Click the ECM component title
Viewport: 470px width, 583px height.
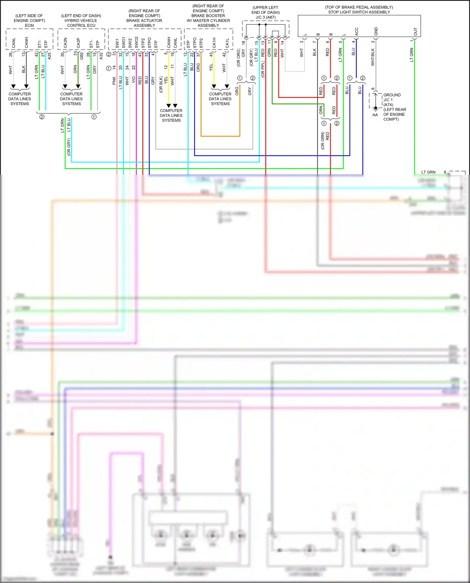(29, 25)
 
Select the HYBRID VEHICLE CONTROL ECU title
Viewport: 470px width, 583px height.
(81, 23)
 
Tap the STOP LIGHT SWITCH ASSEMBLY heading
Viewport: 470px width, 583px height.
(359, 12)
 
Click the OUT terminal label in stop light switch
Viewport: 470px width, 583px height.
(415, 32)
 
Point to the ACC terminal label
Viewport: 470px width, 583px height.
(357, 31)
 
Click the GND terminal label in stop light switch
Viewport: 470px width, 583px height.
(376, 31)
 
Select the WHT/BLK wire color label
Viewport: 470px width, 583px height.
(373, 57)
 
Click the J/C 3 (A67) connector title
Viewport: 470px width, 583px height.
(265, 17)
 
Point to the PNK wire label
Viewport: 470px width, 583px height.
(114, 81)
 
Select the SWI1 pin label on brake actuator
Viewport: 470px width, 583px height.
(117, 43)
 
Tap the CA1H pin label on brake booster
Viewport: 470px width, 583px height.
(214, 43)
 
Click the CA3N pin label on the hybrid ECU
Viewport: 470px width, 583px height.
(65, 43)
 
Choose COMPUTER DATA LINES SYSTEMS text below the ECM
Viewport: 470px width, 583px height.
(20, 99)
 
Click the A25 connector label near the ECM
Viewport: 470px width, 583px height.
(50, 56)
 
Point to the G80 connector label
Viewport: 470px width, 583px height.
(82, 56)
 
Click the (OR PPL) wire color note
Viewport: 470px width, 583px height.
(263, 69)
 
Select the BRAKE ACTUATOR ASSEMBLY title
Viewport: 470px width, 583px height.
(144, 23)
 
